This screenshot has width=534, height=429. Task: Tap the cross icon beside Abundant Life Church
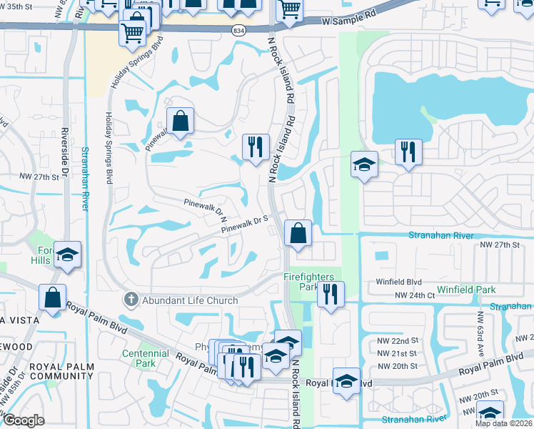[x=129, y=299]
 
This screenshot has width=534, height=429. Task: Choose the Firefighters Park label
[x=310, y=282]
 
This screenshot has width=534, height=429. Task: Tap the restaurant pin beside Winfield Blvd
[x=330, y=295]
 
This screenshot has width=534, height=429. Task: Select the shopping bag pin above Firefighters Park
[x=298, y=234]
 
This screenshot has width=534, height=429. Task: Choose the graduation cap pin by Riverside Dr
[x=67, y=255]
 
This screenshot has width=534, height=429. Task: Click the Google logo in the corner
[x=24, y=420]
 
